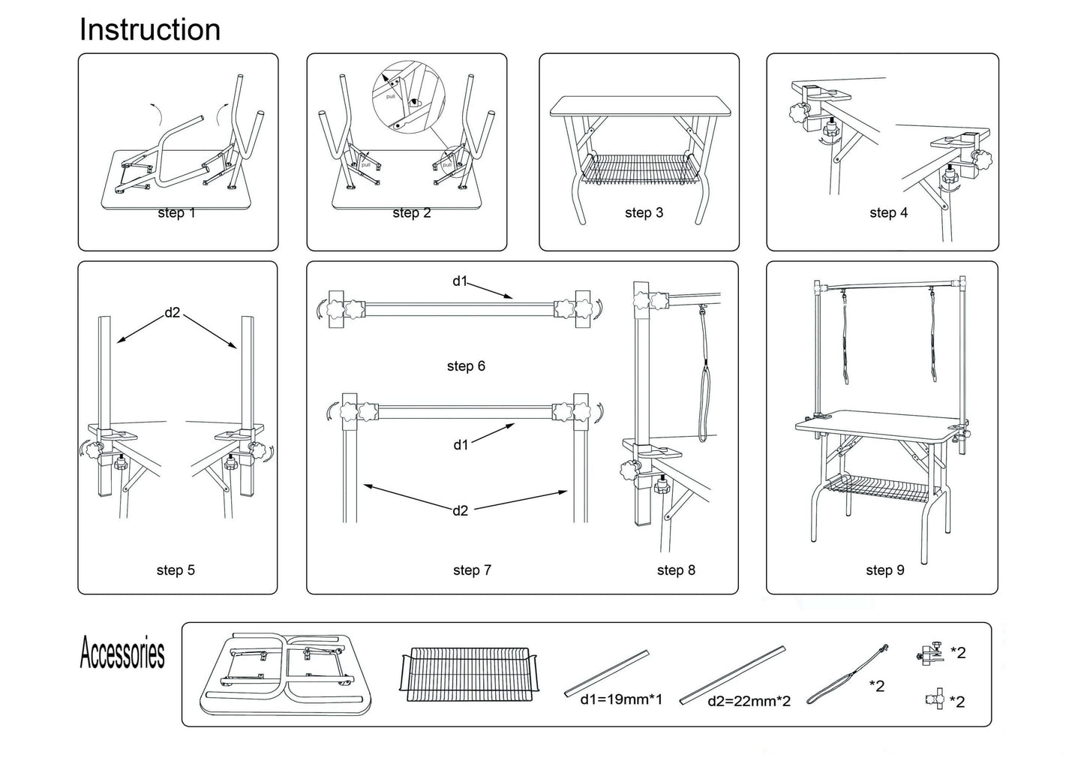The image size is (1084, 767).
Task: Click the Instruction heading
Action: click(150, 30)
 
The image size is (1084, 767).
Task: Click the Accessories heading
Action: click(122, 653)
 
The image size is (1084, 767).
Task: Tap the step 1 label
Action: click(176, 213)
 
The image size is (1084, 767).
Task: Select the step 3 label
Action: click(644, 213)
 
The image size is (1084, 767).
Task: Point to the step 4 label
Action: click(888, 213)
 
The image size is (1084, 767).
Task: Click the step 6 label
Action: click(466, 366)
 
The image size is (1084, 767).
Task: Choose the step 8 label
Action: click(676, 570)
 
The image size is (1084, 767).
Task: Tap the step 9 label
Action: click(885, 570)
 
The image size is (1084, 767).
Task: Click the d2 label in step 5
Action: click(173, 312)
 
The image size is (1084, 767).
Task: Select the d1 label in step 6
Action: click(459, 281)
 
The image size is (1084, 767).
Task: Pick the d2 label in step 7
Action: click(460, 511)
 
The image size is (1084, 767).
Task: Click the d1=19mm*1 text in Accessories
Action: click(620, 699)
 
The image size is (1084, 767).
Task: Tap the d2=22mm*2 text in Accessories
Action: click(749, 702)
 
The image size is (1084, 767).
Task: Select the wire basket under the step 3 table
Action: click(641, 171)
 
